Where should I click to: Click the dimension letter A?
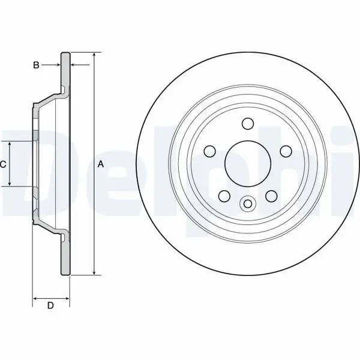pyautogui.click(x=101, y=164)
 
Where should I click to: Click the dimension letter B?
pyautogui.click(x=36, y=65)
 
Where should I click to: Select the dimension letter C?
pyautogui.click(x=3, y=164)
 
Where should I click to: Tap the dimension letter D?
pyautogui.click(x=50, y=305)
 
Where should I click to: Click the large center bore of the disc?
pyautogui.click(x=248, y=163)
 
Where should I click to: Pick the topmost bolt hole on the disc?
pyautogui.click(x=248, y=124)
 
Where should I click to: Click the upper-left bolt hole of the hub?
pyautogui.click(x=210, y=151)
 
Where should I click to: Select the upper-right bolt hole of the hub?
pyautogui.click(x=286, y=151)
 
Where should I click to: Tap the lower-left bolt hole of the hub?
pyautogui.click(x=224, y=196)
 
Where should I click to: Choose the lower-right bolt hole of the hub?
pyautogui.click(x=271, y=196)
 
